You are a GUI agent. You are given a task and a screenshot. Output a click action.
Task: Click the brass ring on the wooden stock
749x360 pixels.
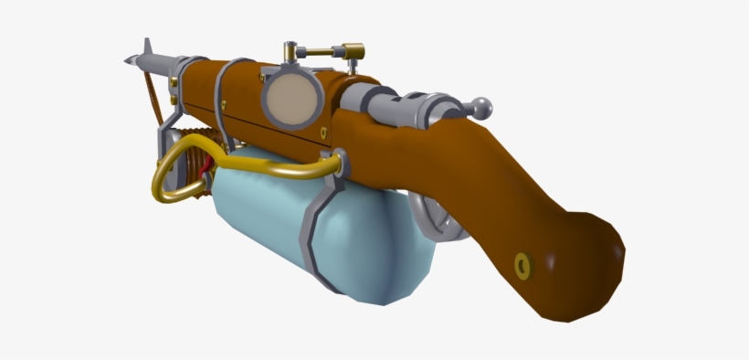(x=523, y=264)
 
